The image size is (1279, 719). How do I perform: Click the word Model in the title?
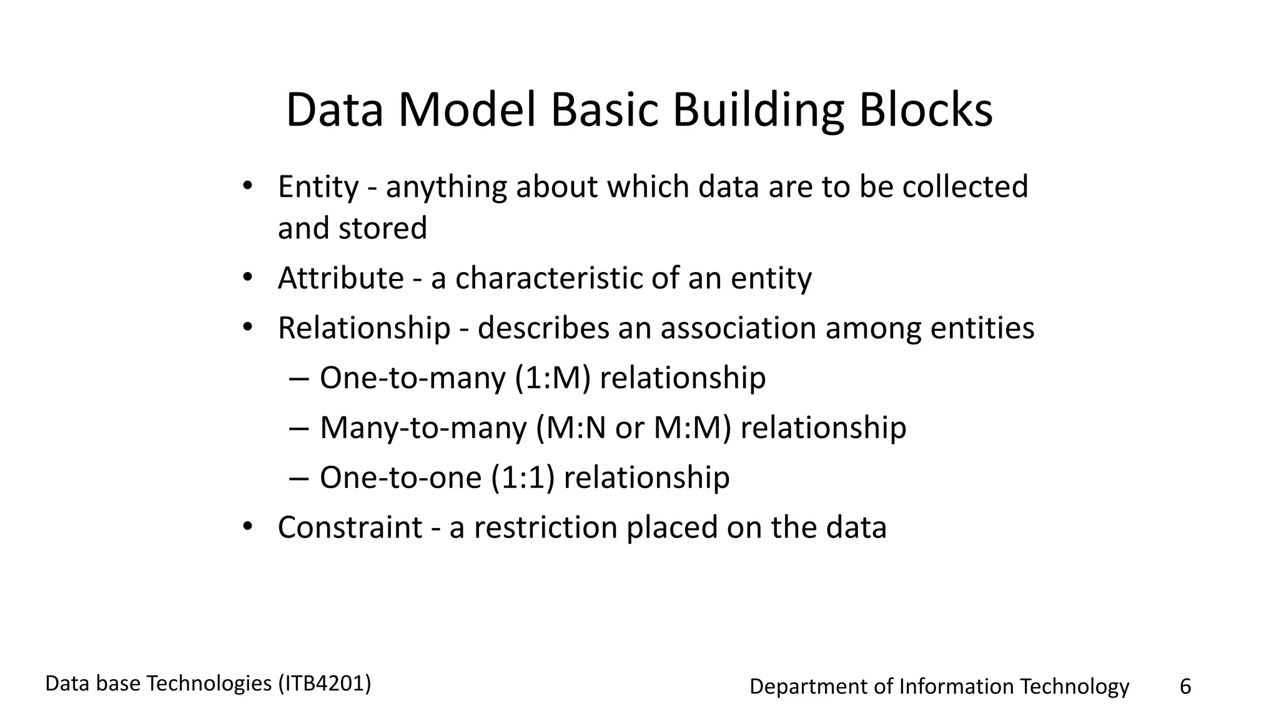pyautogui.click(x=467, y=110)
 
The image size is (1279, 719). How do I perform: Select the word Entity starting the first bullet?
pyautogui.click(x=318, y=187)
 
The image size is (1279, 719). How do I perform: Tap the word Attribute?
pyautogui.click(x=340, y=278)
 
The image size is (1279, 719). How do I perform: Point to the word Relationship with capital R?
pyautogui.click(x=363, y=328)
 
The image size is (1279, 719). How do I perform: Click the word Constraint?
pyautogui.click(x=350, y=527)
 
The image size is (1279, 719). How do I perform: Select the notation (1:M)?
pyautogui.click(x=553, y=378)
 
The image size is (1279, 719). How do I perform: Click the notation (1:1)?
pyautogui.click(x=523, y=478)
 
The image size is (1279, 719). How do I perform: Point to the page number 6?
pyautogui.click(x=1185, y=687)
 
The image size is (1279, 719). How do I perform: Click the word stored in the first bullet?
pyautogui.click(x=382, y=228)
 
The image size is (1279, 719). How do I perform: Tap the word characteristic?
pyautogui.click(x=548, y=278)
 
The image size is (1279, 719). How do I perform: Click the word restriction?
pyautogui.click(x=545, y=527)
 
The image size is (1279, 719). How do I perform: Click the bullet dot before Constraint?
pyautogui.click(x=247, y=526)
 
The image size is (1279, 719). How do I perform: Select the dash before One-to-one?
pyautogui.click(x=299, y=479)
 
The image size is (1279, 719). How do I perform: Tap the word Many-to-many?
pyautogui.click(x=423, y=428)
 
